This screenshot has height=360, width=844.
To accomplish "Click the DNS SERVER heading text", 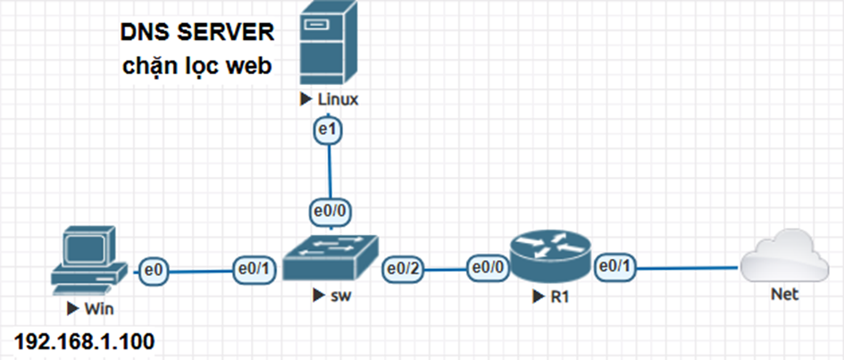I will pyautogui.click(x=197, y=33).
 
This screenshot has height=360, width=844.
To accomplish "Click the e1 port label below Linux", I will pyautogui.click(x=330, y=130).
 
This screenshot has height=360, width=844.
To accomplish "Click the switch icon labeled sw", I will pyautogui.click(x=330, y=258).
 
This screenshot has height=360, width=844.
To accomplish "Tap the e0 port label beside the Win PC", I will pyautogui.click(x=154, y=266).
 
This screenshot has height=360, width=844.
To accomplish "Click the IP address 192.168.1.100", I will pyautogui.click(x=84, y=341).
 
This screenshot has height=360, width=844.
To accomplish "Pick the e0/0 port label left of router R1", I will pyautogui.click(x=489, y=266).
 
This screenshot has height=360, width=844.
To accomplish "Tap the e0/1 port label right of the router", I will pyautogui.click(x=616, y=264).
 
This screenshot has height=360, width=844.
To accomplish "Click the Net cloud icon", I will pyautogui.click(x=786, y=255).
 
